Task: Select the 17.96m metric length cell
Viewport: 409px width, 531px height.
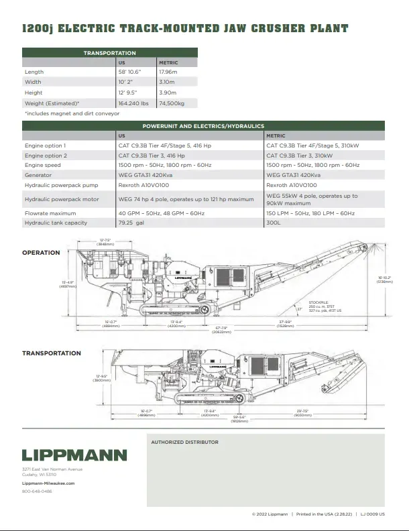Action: point(168,72)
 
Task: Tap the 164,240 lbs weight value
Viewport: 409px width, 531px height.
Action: point(133,103)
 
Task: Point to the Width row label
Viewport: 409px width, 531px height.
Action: point(33,82)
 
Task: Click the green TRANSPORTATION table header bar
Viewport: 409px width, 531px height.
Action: point(109,53)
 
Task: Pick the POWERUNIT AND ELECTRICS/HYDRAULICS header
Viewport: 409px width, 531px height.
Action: point(203,126)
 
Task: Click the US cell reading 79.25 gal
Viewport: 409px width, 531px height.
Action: point(131,223)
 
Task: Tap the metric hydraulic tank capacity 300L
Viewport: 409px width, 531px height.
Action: point(273,223)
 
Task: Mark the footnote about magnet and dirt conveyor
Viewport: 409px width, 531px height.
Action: point(72,113)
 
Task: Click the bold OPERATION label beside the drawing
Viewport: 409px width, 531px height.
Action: point(41,253)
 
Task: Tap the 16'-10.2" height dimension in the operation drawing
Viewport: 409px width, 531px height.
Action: point(384,279)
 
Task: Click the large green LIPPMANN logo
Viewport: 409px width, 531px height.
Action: point(74,455)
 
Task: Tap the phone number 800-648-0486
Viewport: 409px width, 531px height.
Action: point(37,491)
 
